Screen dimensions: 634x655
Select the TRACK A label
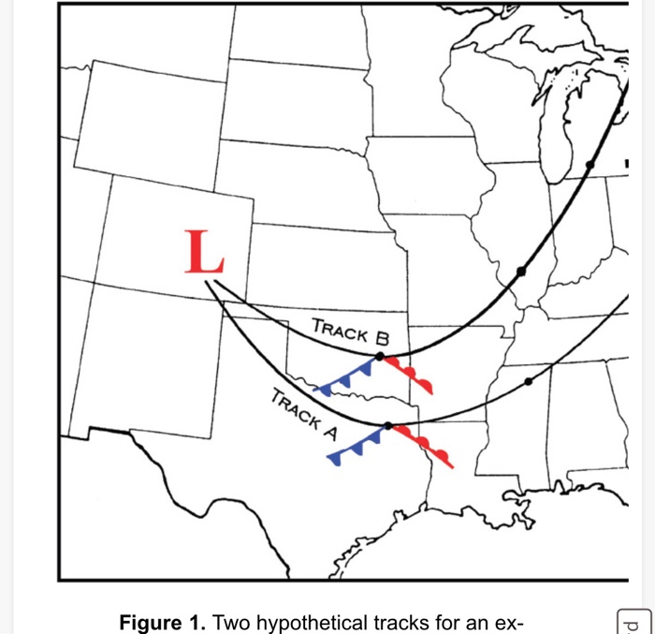point(304,412)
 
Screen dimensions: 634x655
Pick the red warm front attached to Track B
point(409,374)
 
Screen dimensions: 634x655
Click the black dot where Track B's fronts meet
point(379,357)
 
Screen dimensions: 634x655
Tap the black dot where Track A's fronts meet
point(387,426)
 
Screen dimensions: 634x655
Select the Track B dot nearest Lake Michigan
point(589,165)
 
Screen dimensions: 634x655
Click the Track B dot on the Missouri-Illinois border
point(521,272)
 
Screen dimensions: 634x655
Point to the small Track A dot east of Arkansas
point(529,381)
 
